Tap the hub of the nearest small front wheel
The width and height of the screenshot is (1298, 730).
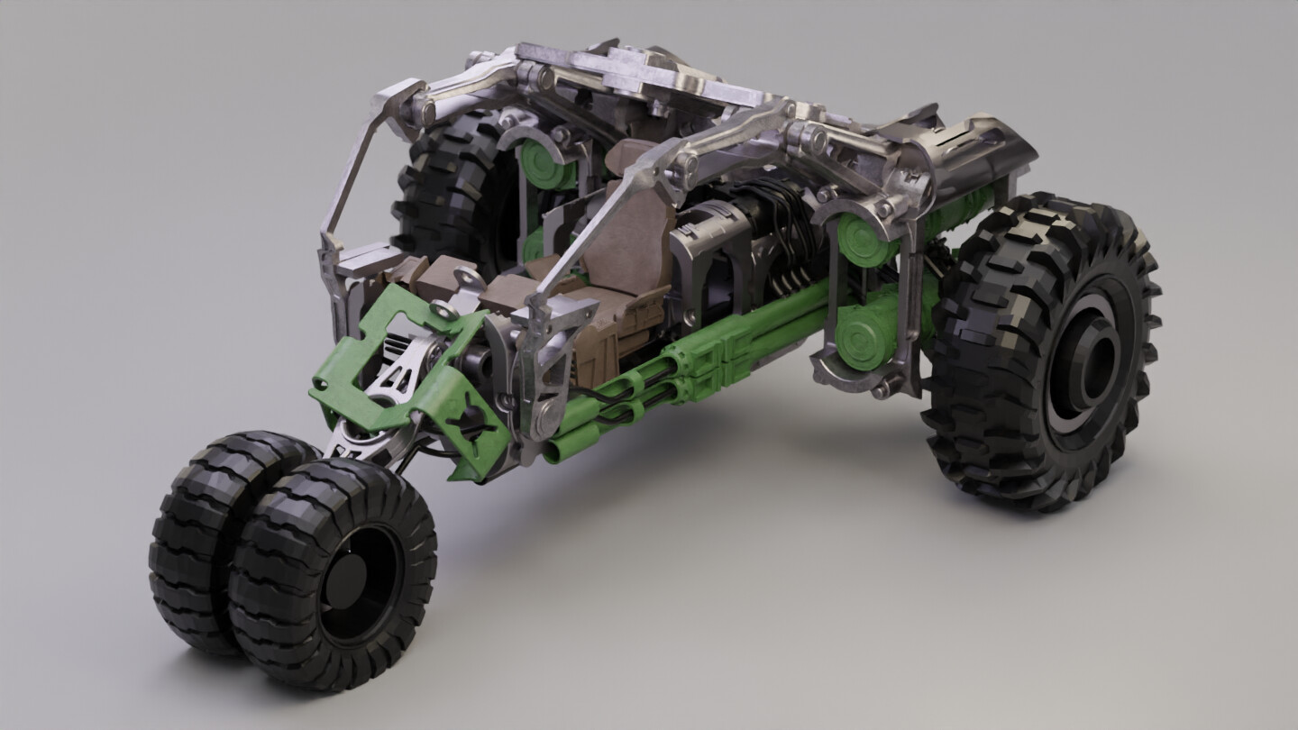click(x=356, y=577)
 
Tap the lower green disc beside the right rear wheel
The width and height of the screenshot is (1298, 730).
click(x=862, y=339)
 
